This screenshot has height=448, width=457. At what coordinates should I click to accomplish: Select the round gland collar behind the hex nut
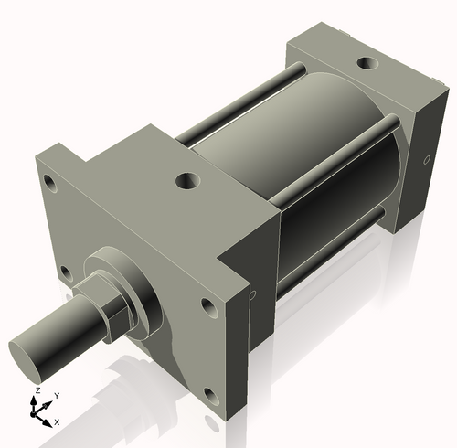pyautogui.click(x=137, y=292)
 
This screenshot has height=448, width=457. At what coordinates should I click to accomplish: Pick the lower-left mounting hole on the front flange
pyautogui.click(x=65, y=272)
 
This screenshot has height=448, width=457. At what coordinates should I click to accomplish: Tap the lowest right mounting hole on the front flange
pyautogui.click(x=212, y=396)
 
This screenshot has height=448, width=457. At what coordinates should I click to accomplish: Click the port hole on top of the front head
pyautogui.click(x=189, y=180)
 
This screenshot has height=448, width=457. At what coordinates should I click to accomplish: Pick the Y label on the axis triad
pyautogui.click(x=57, y=396)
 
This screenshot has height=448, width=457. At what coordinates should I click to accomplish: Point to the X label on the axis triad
pyautogui.click(x=57, y=422)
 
